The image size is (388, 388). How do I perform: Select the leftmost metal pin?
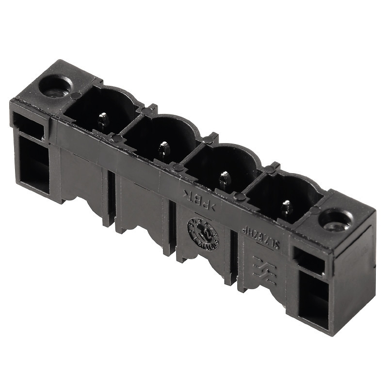click(x=102, y=119)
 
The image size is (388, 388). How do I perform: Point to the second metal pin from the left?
click(x=164, y=148)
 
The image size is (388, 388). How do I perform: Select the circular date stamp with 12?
click(x=203, y=233)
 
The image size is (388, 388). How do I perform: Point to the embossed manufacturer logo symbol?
click(x=264, y=272)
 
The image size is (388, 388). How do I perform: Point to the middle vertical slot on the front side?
click(x=172, y=227)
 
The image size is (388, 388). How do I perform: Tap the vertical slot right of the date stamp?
click(x=234, y=257)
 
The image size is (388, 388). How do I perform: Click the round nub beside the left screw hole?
click(x=76, y=96)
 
